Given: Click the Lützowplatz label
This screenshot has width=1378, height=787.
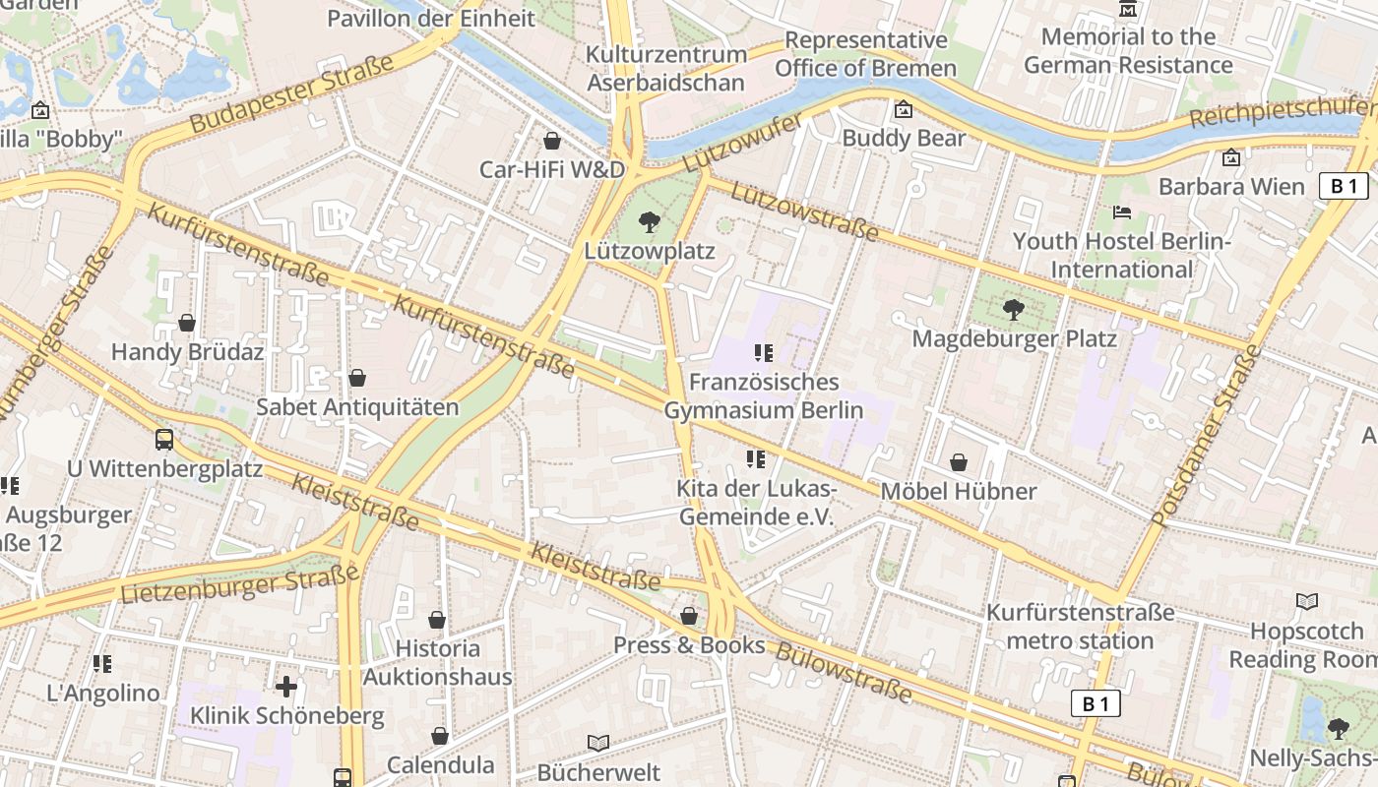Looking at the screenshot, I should click(x=649, y=251).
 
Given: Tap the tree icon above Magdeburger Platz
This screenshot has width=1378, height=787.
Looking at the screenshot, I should click(x=1013, y=310).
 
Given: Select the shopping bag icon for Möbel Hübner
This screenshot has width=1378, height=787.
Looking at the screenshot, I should click(x=959, y=462).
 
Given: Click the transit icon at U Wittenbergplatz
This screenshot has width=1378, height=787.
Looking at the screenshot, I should click(x=164, y=440).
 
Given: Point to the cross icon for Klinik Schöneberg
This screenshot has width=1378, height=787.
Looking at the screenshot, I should click(x=286, y=686).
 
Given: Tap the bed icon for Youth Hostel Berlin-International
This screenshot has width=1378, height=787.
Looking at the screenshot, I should click(x=1121, y=212).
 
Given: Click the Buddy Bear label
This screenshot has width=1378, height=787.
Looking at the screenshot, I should click(x=904, y=138).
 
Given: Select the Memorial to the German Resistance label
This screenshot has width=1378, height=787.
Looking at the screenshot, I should click(x=1128, y=51).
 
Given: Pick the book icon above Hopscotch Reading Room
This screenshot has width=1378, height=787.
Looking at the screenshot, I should click(x=1307, y=601).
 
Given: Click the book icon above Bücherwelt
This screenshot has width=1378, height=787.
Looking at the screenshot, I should click(x=598, y=743).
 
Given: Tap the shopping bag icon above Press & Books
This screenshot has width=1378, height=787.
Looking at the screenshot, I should click(x=689, y=616).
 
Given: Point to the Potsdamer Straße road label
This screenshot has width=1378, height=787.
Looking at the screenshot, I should click(x=1207, y=436).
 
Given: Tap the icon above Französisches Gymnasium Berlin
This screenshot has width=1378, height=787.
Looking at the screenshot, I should click(x=763, y=352).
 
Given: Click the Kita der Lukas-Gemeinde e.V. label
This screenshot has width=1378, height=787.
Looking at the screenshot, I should click(x=756, y=503).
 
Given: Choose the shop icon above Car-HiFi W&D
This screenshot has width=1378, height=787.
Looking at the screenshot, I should click(x=552, y=141).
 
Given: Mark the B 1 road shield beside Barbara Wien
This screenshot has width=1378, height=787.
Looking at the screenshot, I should click(x=1344, y=186).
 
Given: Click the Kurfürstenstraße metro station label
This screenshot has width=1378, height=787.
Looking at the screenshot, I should click(x=1081, y=627).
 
